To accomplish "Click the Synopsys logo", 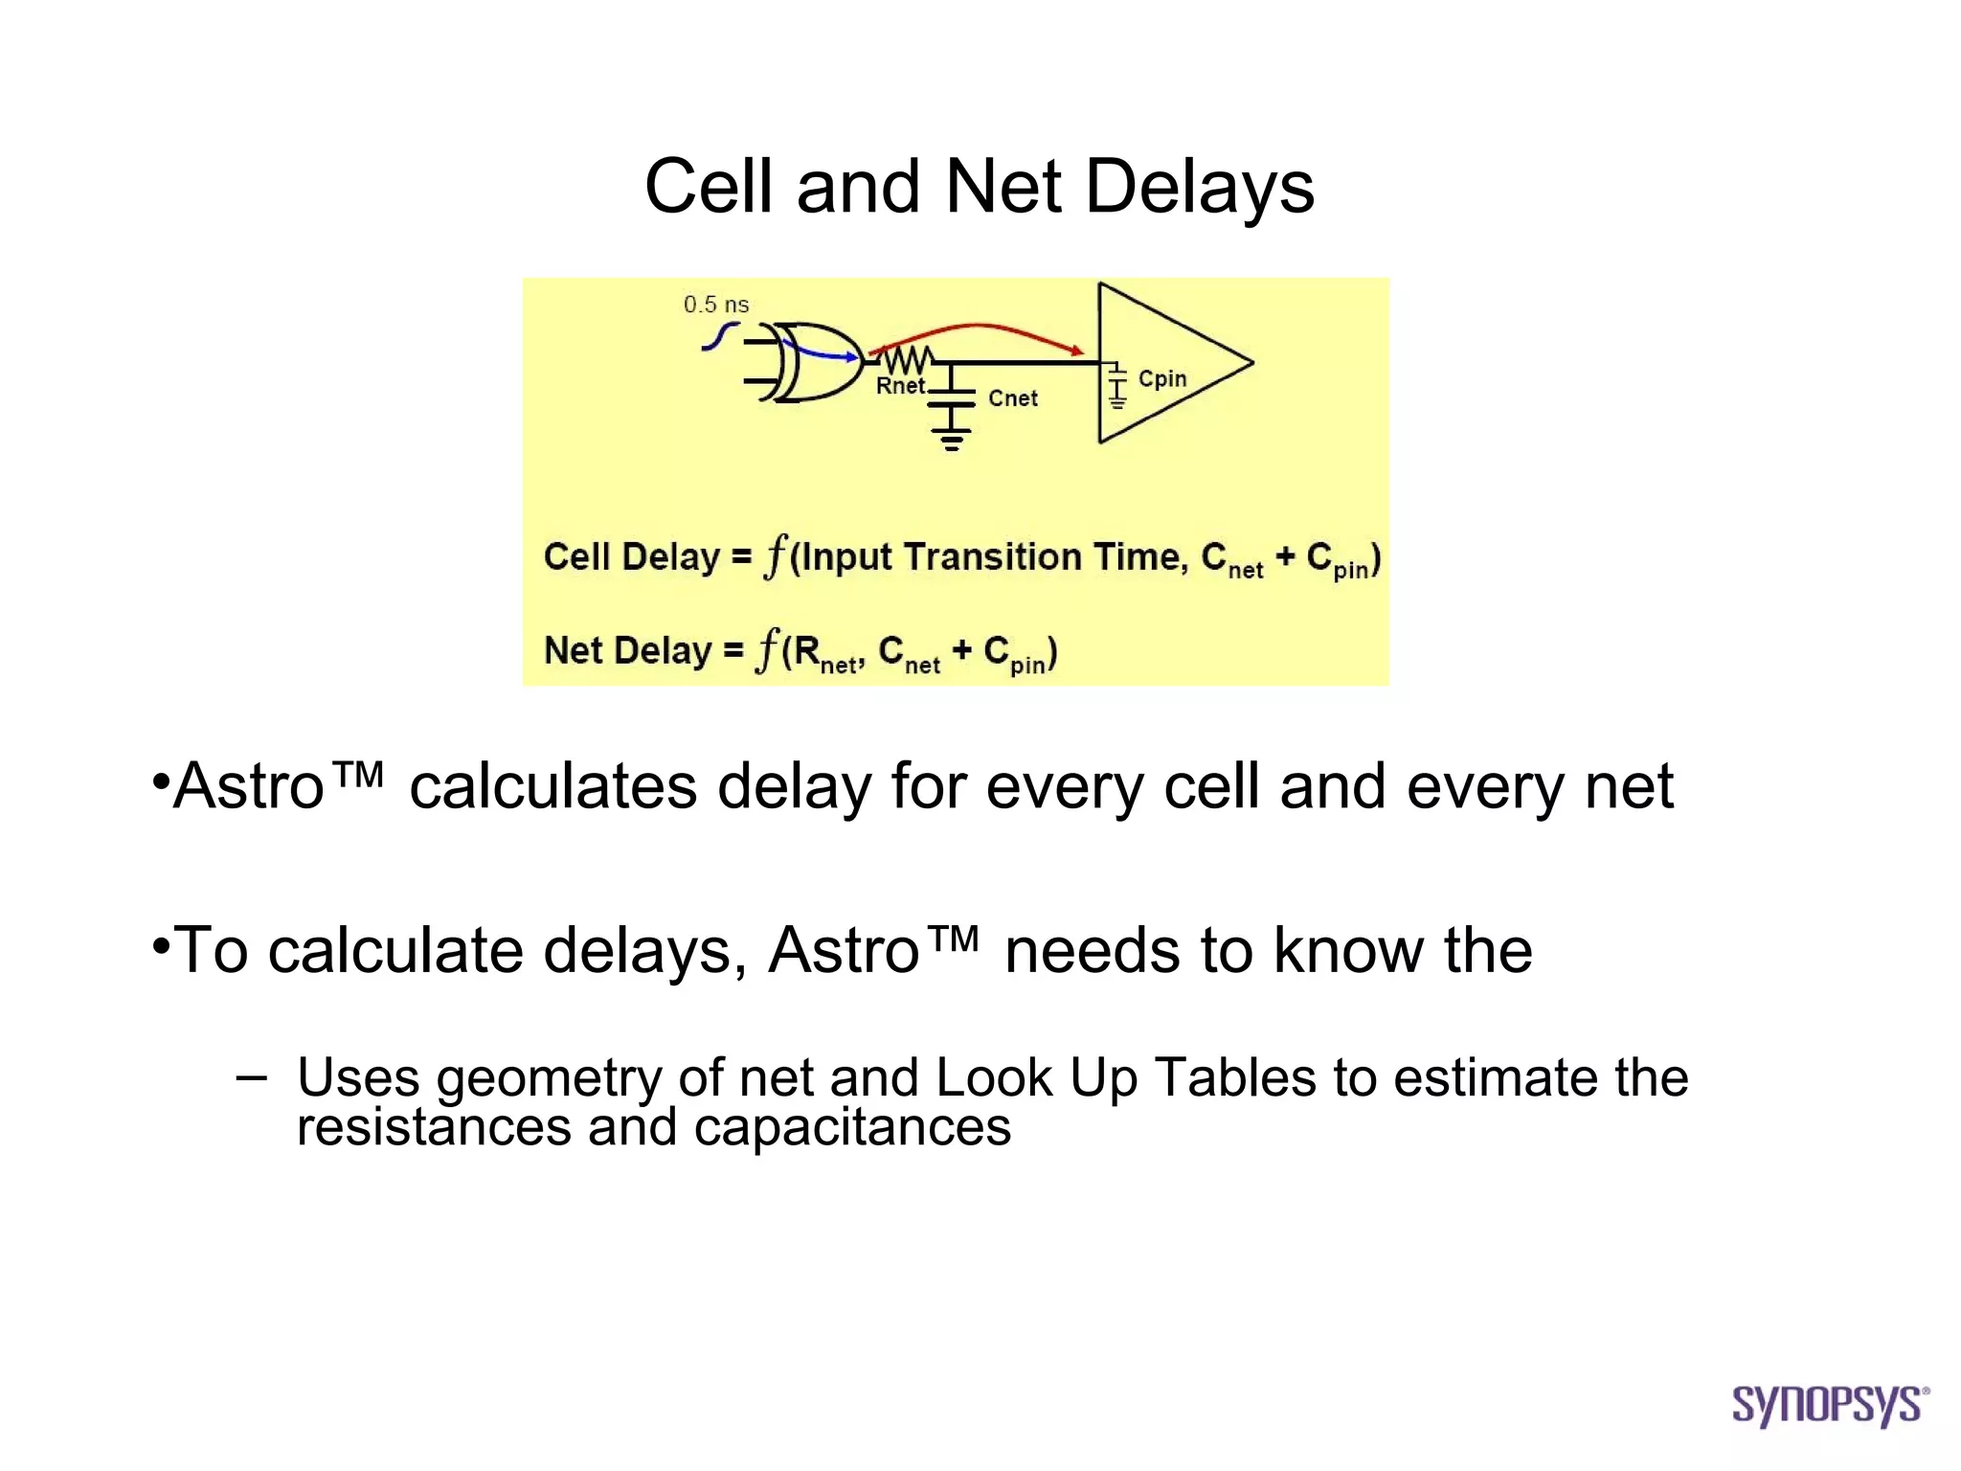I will click(1829, 1405).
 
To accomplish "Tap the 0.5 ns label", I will click(715, 305).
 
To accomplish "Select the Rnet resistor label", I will click(900, 386).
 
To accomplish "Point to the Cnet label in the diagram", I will click(1012, 398).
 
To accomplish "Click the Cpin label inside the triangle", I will click(1161, 379).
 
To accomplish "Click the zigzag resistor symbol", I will click(905, 360).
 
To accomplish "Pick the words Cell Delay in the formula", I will click(631, 556).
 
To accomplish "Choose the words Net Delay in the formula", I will click(627, 650).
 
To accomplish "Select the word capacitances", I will click(852, 1127).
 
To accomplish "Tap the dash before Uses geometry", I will click(251, 1077).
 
